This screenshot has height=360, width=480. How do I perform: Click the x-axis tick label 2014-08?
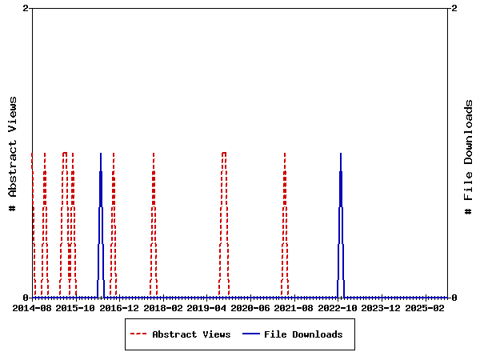click(x=33, y=308)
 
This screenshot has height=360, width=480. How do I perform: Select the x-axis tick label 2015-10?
click(x=76, y=308)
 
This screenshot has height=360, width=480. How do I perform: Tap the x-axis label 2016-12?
click(x=120, y=308)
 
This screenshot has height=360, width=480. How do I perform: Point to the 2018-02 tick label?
click(x=163, y=308)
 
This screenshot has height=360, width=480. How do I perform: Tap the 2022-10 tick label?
click(x=338, y=308)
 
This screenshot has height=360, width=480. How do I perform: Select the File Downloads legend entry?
click(x=303, y=334)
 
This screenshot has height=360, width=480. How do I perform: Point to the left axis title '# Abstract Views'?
click(x=13, y=153)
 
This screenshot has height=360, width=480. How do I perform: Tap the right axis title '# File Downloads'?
click(x=469, y=157)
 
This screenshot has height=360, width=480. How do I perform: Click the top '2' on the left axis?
click(x=26, y=8)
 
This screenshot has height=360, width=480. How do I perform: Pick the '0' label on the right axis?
click(x=454, y=298)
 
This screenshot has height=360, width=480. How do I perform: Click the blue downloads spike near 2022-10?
click(x=341, y=154)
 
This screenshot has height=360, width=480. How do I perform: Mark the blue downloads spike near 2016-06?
click(x=101, y=154)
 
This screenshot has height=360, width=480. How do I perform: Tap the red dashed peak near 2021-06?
click(x=285, y=154)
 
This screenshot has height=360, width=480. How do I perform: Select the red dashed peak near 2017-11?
click(x=154, y=154)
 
